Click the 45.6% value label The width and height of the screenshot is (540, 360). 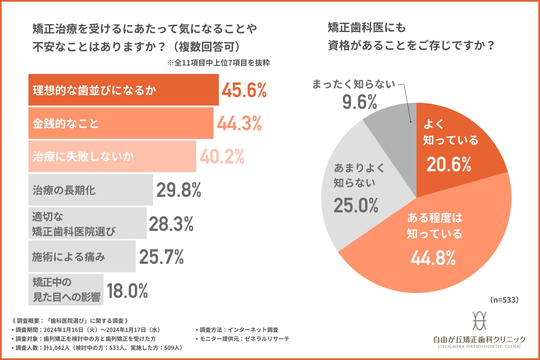(x=244, y=90)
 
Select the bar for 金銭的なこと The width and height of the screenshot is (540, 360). (x=121, y=123)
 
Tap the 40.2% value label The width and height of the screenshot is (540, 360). (x=222, y=157)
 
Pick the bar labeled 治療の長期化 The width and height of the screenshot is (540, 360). (x=91, y=190)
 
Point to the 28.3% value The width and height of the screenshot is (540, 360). (x=171, y=224)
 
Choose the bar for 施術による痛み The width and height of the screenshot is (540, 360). (x=82, y=256)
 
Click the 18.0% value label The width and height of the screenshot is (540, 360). (x=127, y=291)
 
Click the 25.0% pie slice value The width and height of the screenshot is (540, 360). (x=356, y=205)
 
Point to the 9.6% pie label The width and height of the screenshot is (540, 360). (x=359, y=102)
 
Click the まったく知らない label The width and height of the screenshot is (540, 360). (x=354, y=84)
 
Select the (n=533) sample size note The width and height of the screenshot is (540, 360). (x=504, y=300)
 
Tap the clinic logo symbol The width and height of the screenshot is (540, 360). (x=480, y=321)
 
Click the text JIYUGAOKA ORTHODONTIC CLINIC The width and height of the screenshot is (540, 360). (x=480, y=346)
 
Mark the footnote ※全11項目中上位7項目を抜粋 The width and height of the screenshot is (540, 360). (x=219, y=63)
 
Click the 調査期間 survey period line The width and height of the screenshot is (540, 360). (x=86, y=330)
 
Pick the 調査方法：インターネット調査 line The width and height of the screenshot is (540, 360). (x=237, y=330)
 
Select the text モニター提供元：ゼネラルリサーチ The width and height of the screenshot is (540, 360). (x=243, y=339)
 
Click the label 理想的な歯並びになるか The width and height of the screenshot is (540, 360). (x=94, y=90)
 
